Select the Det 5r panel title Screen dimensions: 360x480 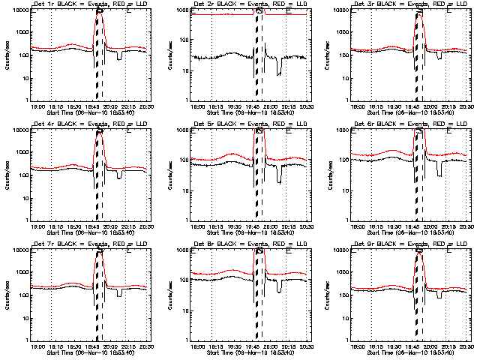click(247, 125)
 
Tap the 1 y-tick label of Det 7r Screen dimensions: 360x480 click(28, 340)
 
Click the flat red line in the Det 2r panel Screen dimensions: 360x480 click(225, 14)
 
